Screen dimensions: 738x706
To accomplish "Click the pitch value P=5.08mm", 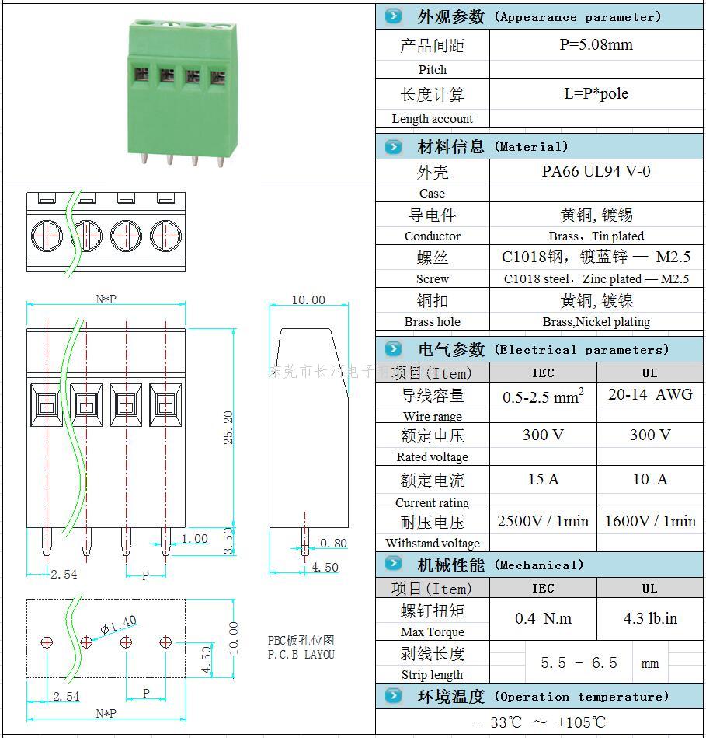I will click(x=596, y=45).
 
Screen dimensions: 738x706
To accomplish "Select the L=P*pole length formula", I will click(x=596, y=94).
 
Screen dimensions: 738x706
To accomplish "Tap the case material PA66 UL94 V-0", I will click(x=596, y=171).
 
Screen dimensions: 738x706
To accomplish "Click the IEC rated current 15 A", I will click(x=543, y=479).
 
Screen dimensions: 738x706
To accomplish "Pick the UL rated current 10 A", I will click(x=650, y=479).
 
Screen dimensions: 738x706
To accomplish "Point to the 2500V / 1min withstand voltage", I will click(x=543, y=521).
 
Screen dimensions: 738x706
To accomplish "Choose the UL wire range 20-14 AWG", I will click(x=650, y=394).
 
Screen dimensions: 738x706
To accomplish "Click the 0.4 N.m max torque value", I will click(x=543, y=619).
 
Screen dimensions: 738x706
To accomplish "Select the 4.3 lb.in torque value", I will click(x=650, y=619).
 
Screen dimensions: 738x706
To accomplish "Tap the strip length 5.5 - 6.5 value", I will click(x=579, y=663).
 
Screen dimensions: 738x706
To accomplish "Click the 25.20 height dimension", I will click(x=228, y=428).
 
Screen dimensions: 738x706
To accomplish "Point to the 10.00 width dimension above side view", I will click(x=308, y=300).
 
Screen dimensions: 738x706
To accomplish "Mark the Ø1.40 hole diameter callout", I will click(x=119, y=624).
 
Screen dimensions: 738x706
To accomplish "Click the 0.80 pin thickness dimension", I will click(x=333, y=544).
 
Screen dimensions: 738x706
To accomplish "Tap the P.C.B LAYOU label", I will click(x=301, y=655).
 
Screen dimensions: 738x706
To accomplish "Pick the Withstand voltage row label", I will click(x=433, y=544).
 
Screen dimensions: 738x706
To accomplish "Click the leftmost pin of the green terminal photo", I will click(x=145, y=158).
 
